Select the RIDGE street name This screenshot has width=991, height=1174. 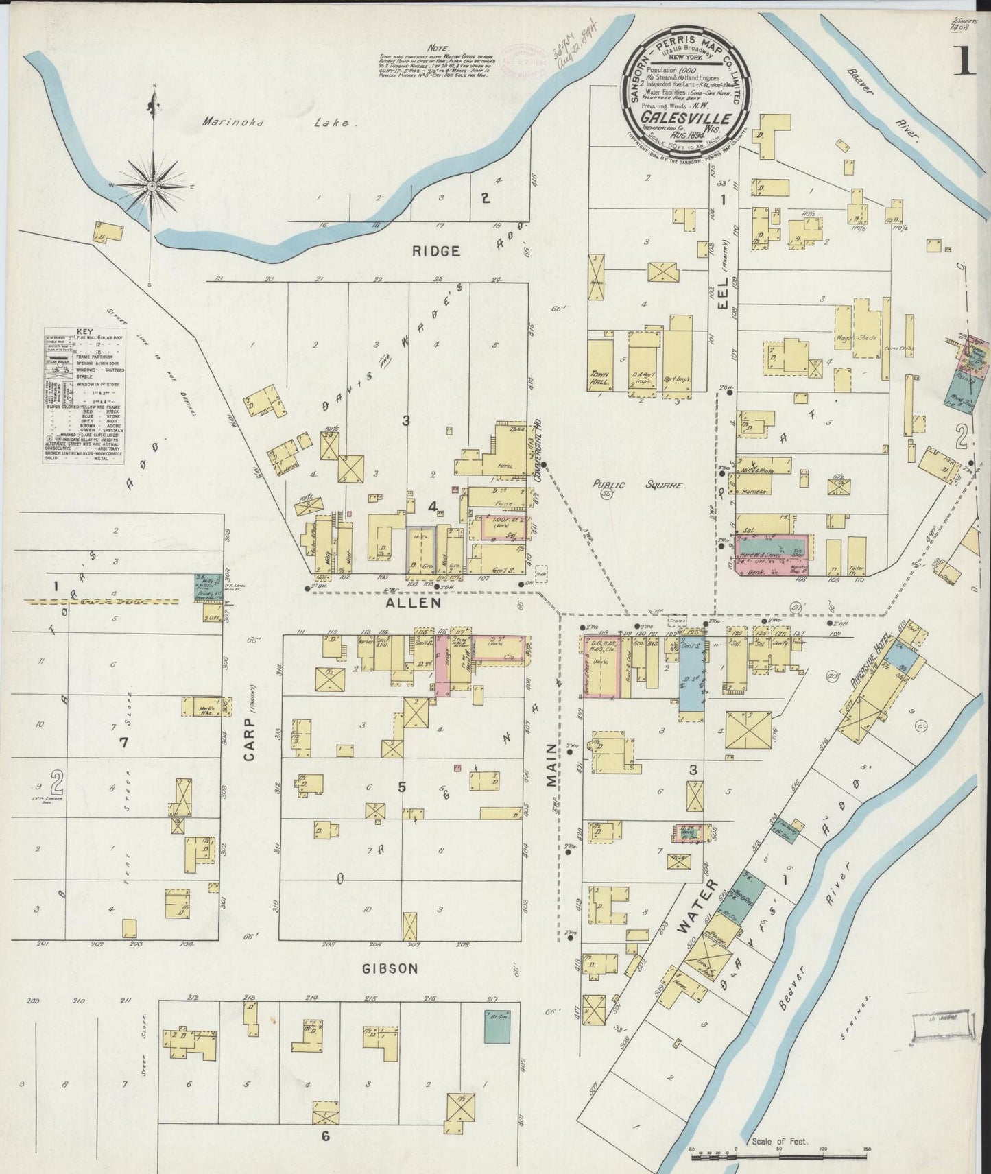pyautogui.click(x=435, y=252)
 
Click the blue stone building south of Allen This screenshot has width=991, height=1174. pyautogui.click(x=692, y=679)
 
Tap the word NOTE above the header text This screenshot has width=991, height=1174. pyautogui.click(x=438, y=49)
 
